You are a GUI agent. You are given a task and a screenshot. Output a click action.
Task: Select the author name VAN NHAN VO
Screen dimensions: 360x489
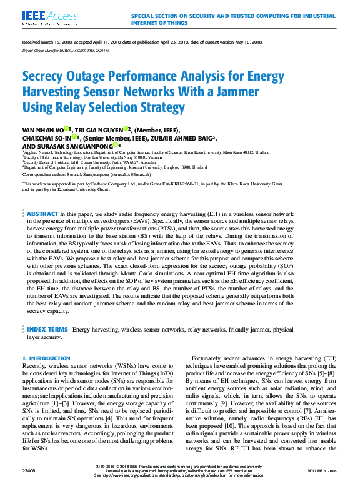coord(41,129)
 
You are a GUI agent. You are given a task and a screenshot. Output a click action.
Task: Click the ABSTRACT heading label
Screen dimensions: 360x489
coord(42,214)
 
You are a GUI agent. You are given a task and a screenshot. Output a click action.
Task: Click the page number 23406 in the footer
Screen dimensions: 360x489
coord(30,478)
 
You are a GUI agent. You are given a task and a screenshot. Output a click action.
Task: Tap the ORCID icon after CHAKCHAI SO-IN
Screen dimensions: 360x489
coord(74,137)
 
